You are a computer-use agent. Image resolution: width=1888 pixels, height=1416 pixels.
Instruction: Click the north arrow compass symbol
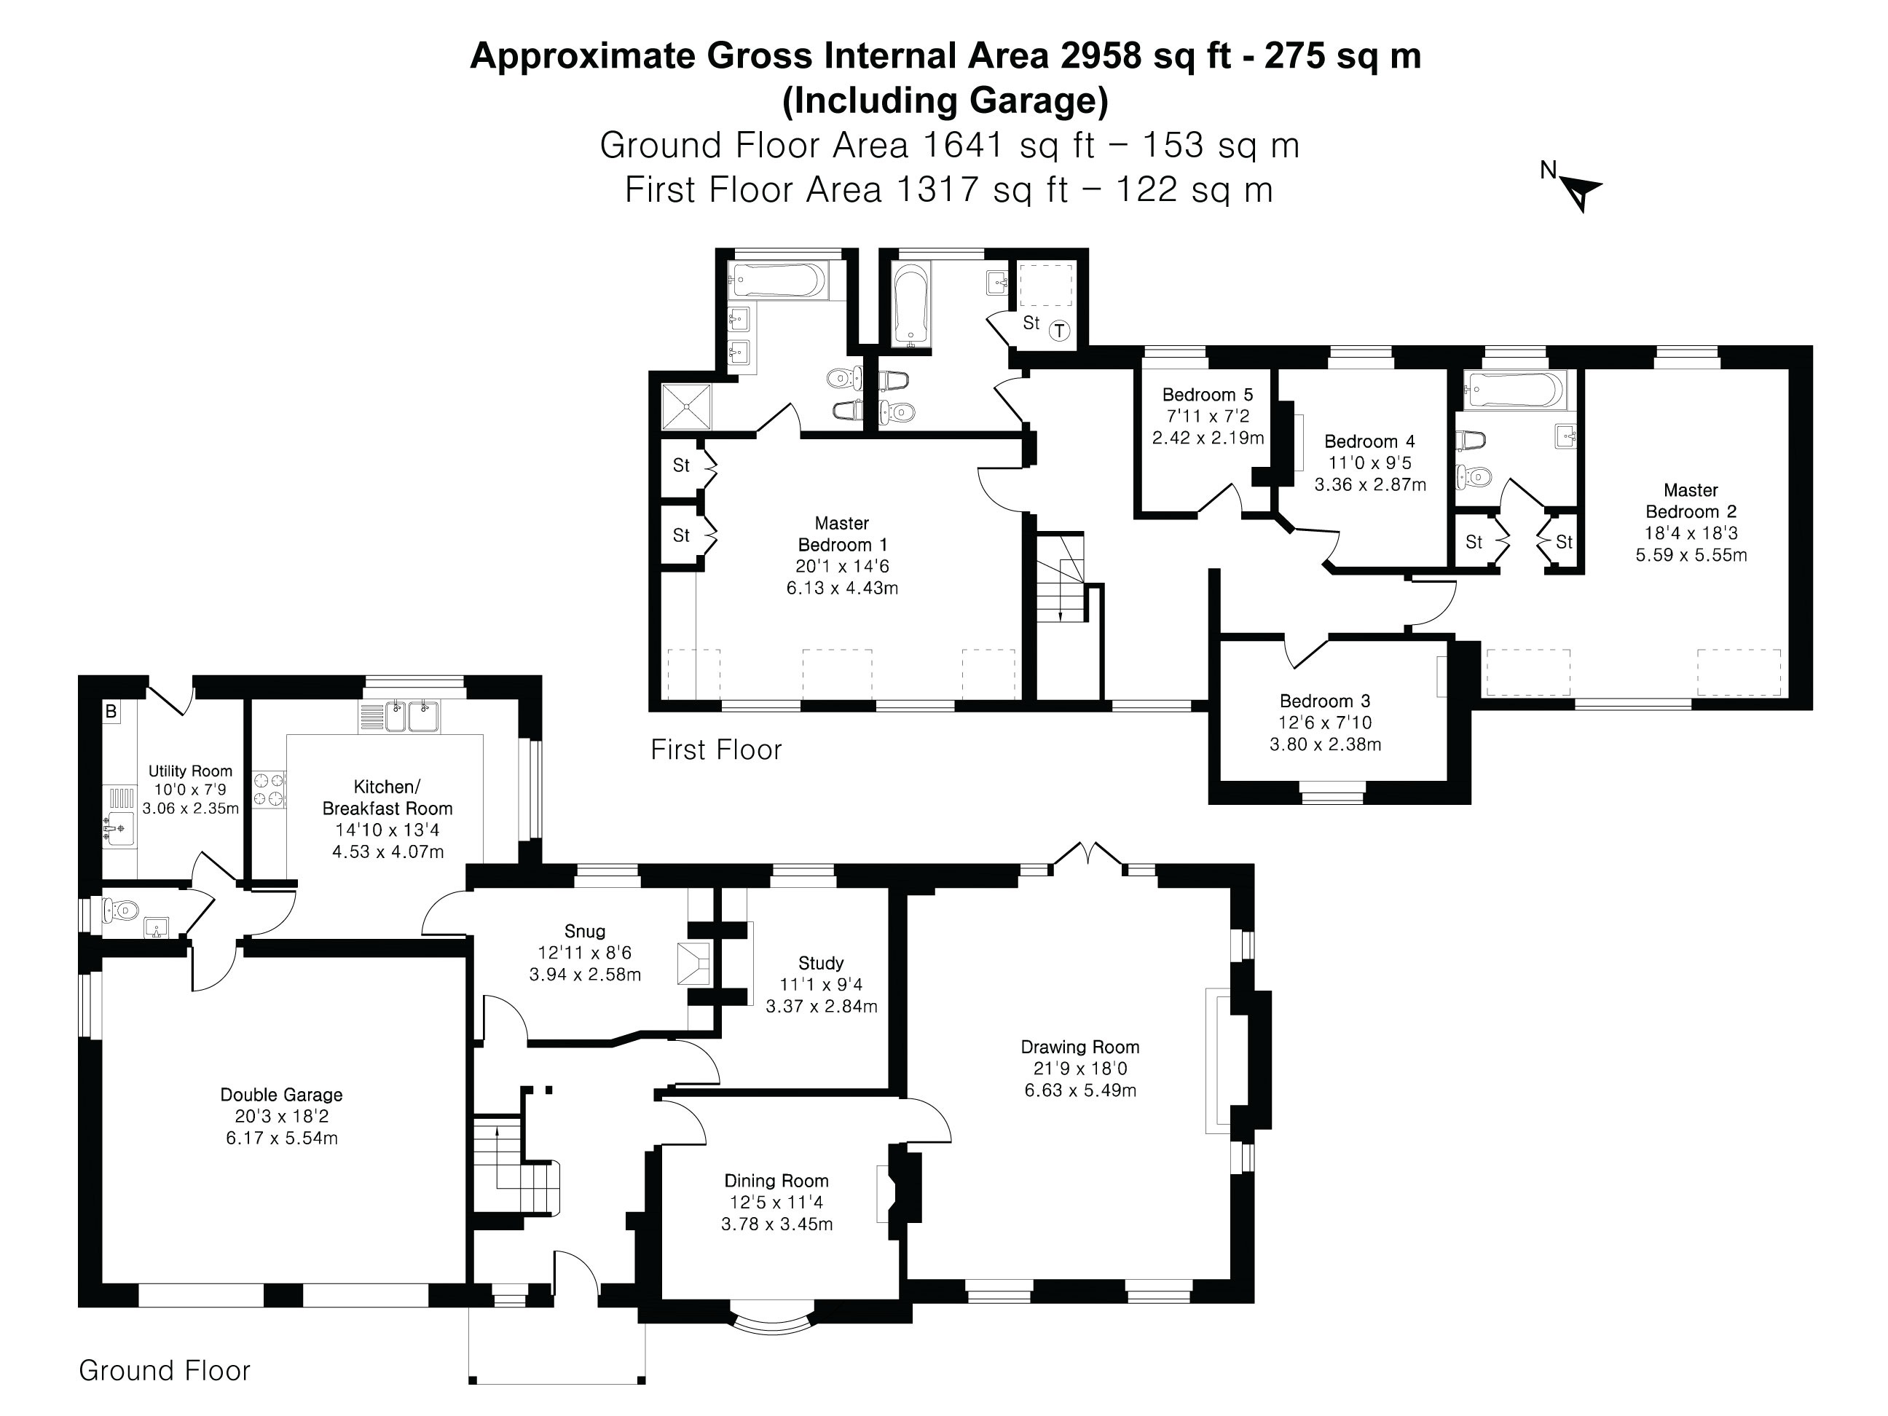point(1581,193)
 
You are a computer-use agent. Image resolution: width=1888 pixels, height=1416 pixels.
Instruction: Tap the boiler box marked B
point(111,711)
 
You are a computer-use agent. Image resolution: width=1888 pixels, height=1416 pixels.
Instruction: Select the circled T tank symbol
point(1059,330)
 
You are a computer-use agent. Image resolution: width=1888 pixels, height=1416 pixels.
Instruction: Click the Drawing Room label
point(1079,1047)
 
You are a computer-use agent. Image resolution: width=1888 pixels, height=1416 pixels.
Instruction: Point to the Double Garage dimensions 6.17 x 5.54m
point(282,1138)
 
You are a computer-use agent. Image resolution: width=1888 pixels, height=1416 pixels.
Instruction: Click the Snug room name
point(585,931)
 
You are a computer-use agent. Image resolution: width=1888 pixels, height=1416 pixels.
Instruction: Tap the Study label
point(821,963)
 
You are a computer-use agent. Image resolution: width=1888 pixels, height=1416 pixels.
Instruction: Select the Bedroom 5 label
point(1207,394)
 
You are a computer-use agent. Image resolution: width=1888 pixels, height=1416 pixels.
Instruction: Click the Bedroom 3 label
point(1325,701)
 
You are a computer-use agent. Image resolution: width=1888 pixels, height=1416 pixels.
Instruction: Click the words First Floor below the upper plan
point(715,750)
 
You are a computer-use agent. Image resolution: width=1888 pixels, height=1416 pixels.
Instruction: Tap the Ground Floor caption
point(165,1370)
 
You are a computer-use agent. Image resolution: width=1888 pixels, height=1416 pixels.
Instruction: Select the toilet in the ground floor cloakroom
point(119,910)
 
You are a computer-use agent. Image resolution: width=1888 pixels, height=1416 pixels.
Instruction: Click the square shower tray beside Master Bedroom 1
point(687,406)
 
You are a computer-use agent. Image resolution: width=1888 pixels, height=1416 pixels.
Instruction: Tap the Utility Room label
point(190,771)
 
